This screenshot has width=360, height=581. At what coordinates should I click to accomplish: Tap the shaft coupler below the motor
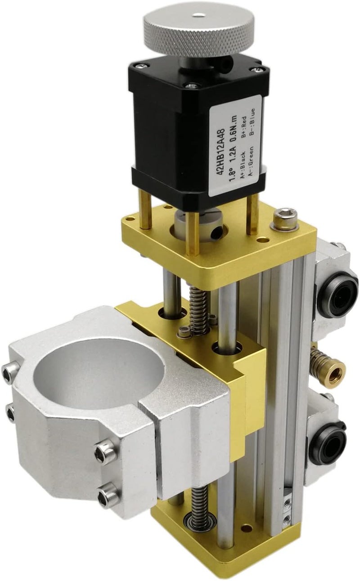point(200,226)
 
